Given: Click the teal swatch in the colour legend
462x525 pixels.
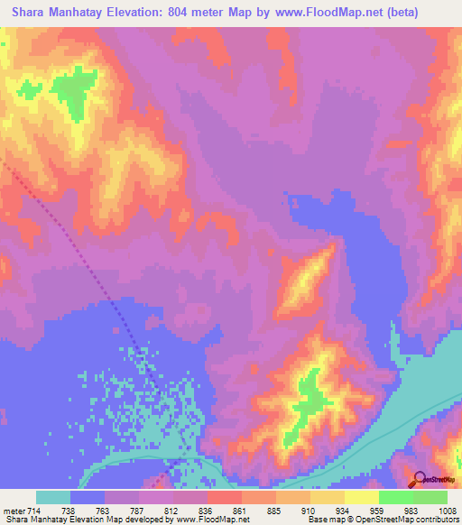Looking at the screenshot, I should tap(53, 497).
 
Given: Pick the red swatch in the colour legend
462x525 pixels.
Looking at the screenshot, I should tap(225, 497).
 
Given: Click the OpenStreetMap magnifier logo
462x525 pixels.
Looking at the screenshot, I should tap(420, 482).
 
